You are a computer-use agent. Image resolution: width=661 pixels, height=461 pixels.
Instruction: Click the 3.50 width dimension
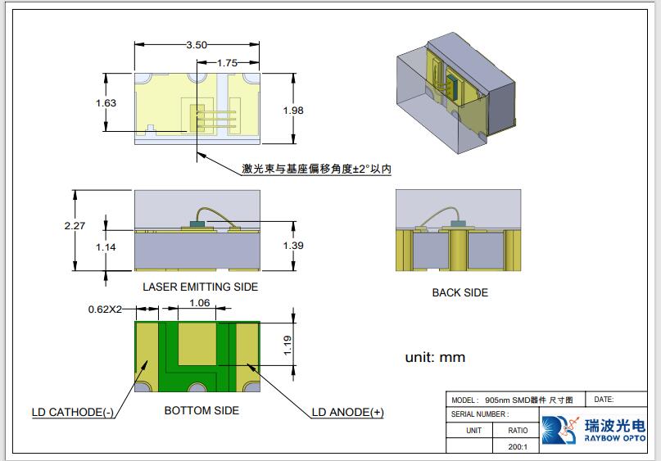(196, 45)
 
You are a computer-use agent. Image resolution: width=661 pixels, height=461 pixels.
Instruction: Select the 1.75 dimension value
(227, 63)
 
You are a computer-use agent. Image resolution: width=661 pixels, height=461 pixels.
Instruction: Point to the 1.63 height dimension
(106, 103)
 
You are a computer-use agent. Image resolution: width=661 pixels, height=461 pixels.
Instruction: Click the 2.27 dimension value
(75, 226)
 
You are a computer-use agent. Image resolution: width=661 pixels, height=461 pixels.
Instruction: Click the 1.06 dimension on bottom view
(199, 303)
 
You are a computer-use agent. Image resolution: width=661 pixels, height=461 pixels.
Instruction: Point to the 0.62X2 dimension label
(105, 310)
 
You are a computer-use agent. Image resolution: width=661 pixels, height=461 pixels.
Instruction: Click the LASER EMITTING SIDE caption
(200, 287)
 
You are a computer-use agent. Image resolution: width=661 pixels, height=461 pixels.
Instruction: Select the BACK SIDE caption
(460, 292)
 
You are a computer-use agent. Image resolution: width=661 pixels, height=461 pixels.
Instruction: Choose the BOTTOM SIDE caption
(201, 409)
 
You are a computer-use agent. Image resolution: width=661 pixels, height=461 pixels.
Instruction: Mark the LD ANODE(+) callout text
(347, 412)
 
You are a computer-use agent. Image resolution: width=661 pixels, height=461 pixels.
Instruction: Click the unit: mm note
(435, 357)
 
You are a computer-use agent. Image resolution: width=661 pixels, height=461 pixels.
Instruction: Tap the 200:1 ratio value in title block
(518, 446)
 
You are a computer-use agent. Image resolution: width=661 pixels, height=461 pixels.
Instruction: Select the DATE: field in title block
(604, 400)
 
